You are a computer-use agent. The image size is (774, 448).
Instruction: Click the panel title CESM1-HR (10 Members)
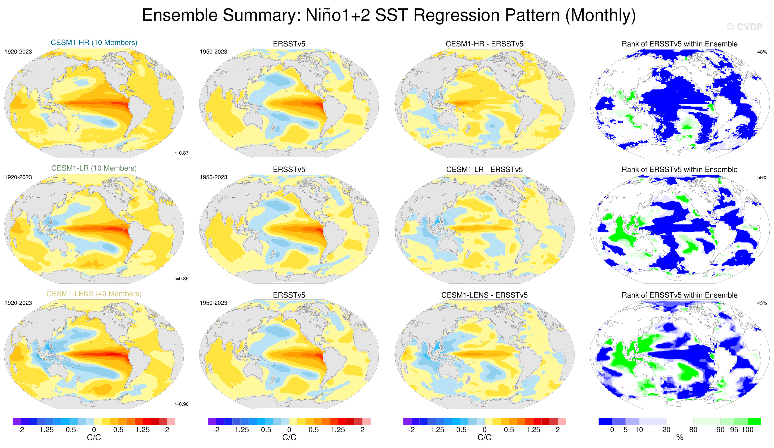click(94, 42)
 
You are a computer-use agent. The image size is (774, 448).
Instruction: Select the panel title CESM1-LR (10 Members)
click(94, 168)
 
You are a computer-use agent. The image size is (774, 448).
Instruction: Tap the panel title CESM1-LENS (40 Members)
click(94, 294)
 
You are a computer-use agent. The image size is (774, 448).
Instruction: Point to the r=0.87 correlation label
click(181, 153)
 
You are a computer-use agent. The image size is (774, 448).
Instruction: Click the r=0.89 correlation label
click(181, 279)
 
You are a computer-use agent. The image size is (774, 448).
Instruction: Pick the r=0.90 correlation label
click(181, 404)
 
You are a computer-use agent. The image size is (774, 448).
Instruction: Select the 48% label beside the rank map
click(762, 52)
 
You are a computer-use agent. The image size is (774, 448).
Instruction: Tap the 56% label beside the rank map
click(762, 177)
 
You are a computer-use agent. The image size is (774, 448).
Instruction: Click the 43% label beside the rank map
click(762, 303)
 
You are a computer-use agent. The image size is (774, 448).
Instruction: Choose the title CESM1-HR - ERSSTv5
click(484, 44)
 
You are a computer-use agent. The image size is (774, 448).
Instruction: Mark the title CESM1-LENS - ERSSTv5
click(484, 295)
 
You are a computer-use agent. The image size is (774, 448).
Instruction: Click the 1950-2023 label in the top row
click(213, 52)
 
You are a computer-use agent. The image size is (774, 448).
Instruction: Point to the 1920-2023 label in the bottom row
click(18, 303)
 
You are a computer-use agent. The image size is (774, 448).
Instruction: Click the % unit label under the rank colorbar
click(680, 438)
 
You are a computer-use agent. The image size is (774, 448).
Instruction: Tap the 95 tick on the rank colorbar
click(734, 429)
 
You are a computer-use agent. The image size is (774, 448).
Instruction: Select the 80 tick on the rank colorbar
click(693, 429)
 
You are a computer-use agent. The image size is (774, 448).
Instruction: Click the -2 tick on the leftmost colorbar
click(21, 429)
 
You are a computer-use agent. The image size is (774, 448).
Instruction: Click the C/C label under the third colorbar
click(484, 437)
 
